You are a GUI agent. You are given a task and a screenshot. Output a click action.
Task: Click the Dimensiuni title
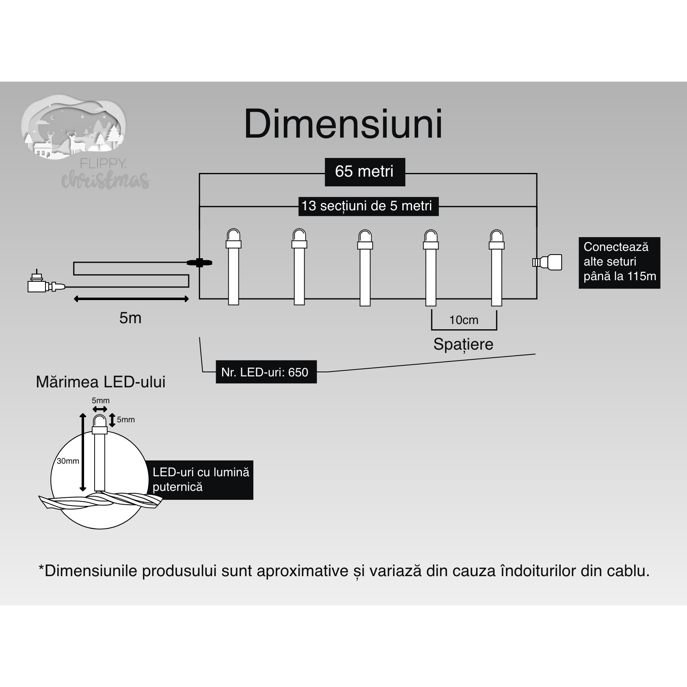pos(343,124)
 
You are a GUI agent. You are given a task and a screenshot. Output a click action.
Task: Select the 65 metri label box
pos(365,172)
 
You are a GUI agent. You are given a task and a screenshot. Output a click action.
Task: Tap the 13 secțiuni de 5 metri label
pos(368,206)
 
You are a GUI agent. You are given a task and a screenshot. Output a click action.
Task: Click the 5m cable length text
pos(130,318)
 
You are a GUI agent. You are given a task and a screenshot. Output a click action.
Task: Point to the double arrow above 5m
pos(131,299)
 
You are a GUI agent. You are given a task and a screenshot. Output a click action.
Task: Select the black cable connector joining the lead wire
pos(199,263)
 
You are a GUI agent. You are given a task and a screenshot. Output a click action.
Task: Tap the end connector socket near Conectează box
pos(548,262)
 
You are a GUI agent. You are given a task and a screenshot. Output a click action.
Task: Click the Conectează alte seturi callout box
pos(619,262)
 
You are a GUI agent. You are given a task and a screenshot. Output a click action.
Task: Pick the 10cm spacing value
pos(464,320)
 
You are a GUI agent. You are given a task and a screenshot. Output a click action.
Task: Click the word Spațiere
pos(463,344)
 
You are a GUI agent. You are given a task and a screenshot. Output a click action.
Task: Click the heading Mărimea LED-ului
pos(101,382)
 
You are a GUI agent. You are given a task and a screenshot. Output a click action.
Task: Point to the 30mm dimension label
pos(68,461)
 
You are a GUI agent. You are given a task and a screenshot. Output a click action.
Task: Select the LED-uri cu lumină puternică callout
pos(201,480)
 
